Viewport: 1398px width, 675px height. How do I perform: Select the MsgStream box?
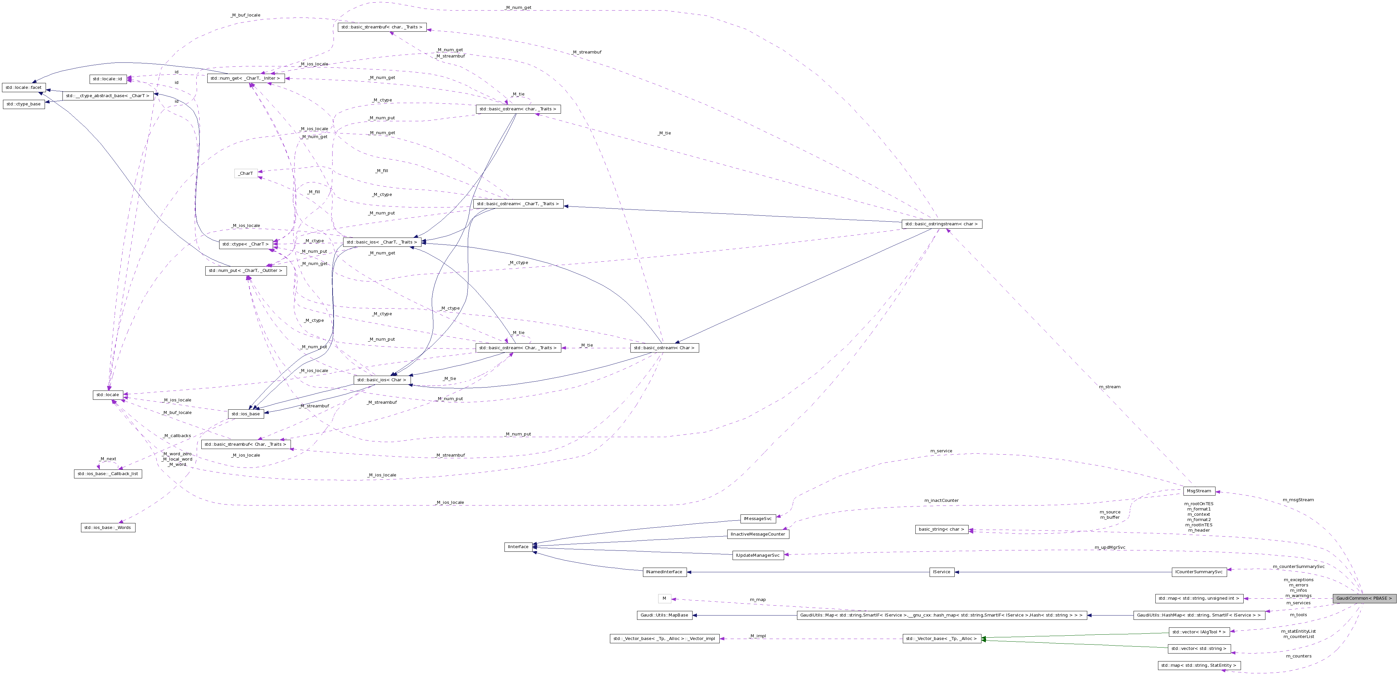point(1199,491)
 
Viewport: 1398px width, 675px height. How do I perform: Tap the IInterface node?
point(518,547)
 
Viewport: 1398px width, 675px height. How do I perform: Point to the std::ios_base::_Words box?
point(108,527)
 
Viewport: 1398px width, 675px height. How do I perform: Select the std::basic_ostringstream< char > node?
point(941,224)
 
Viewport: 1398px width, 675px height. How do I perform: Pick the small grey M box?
point(664,598)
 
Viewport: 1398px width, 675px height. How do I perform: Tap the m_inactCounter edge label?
point(941,500)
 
